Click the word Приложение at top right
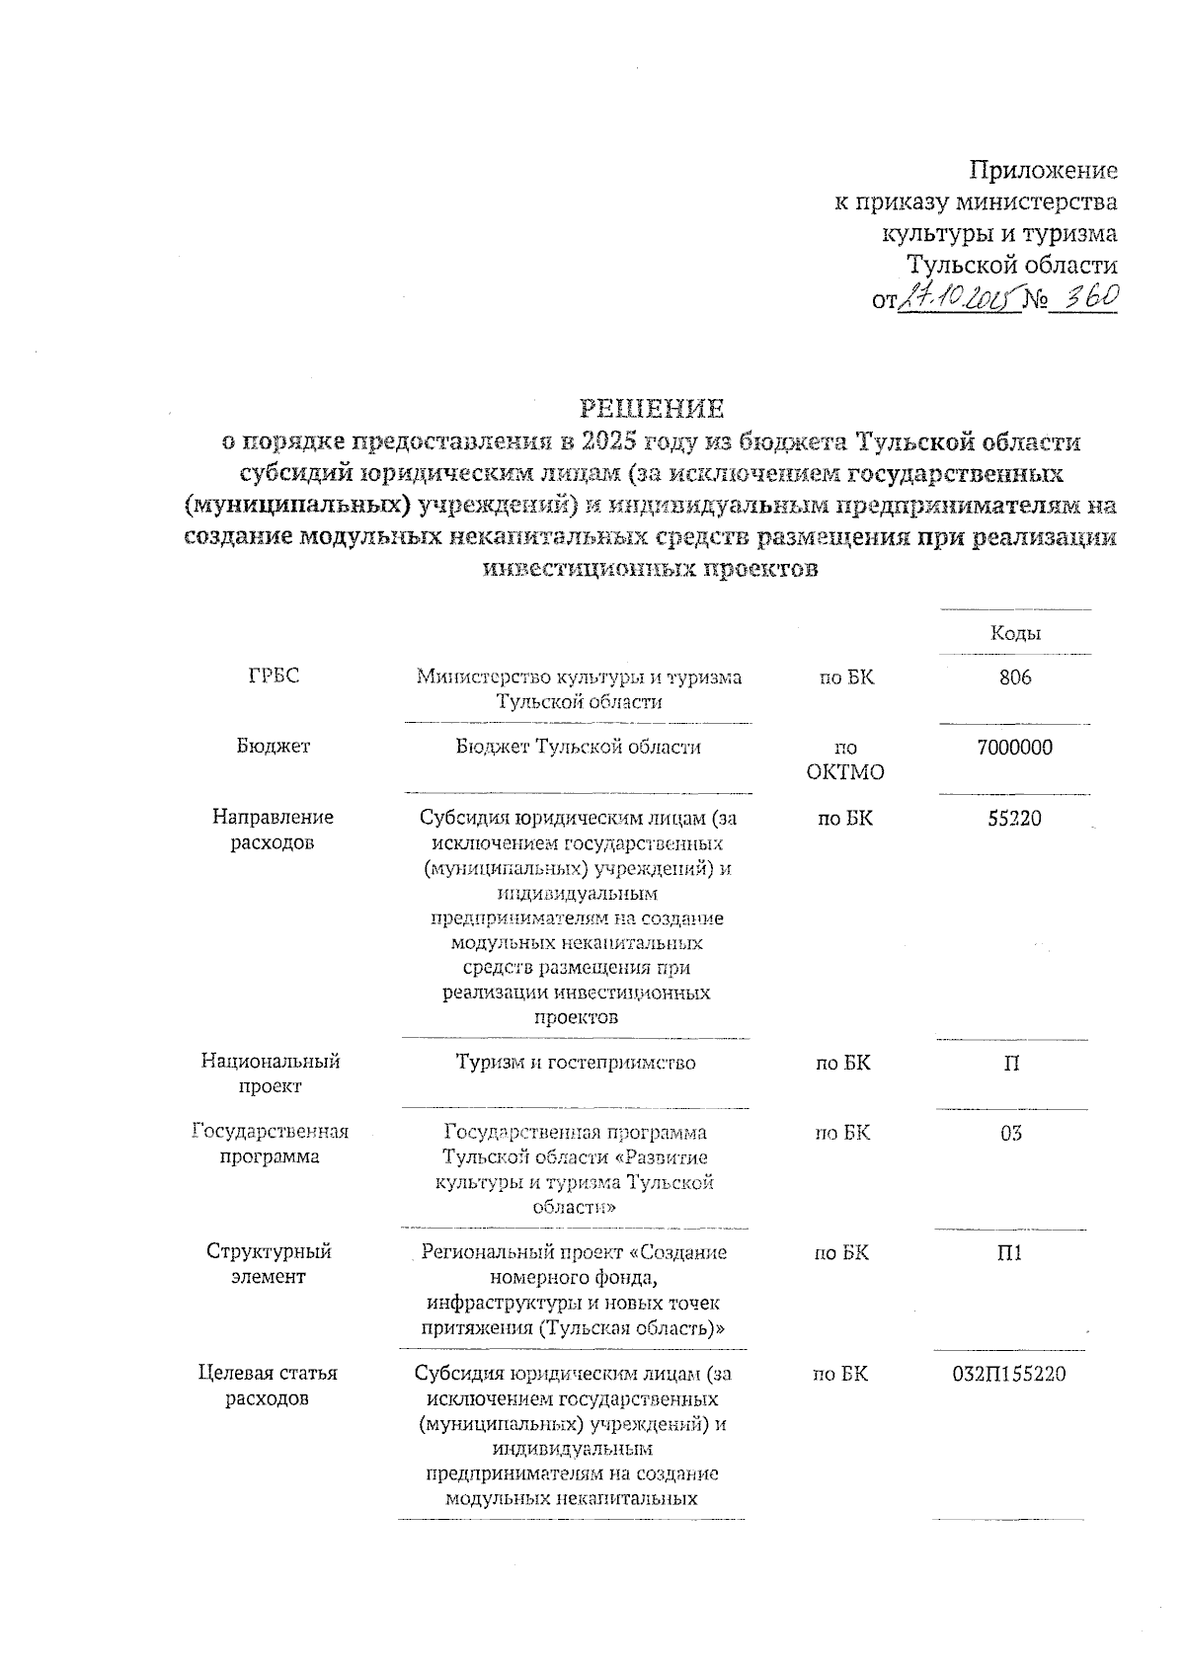[x=1044, y=171]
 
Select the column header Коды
[x=1015, y=633]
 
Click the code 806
[x=1014, y=677]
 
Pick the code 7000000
[x=1014, y=748]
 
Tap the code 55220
[x=1014, y=819]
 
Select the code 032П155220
[x=1008, y=1374]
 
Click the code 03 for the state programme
[x=1010, y=1133]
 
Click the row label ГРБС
[x=274, y=676]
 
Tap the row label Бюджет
[x=274, y=747]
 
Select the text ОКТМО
[x=845, y=772]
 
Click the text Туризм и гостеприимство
[x=576, y=1063]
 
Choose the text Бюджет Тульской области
[x=578, y=748]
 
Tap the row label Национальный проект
[x=271, y=1074]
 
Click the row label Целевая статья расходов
[x=268, y=1386]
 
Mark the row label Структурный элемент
[x=269, y=1264]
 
